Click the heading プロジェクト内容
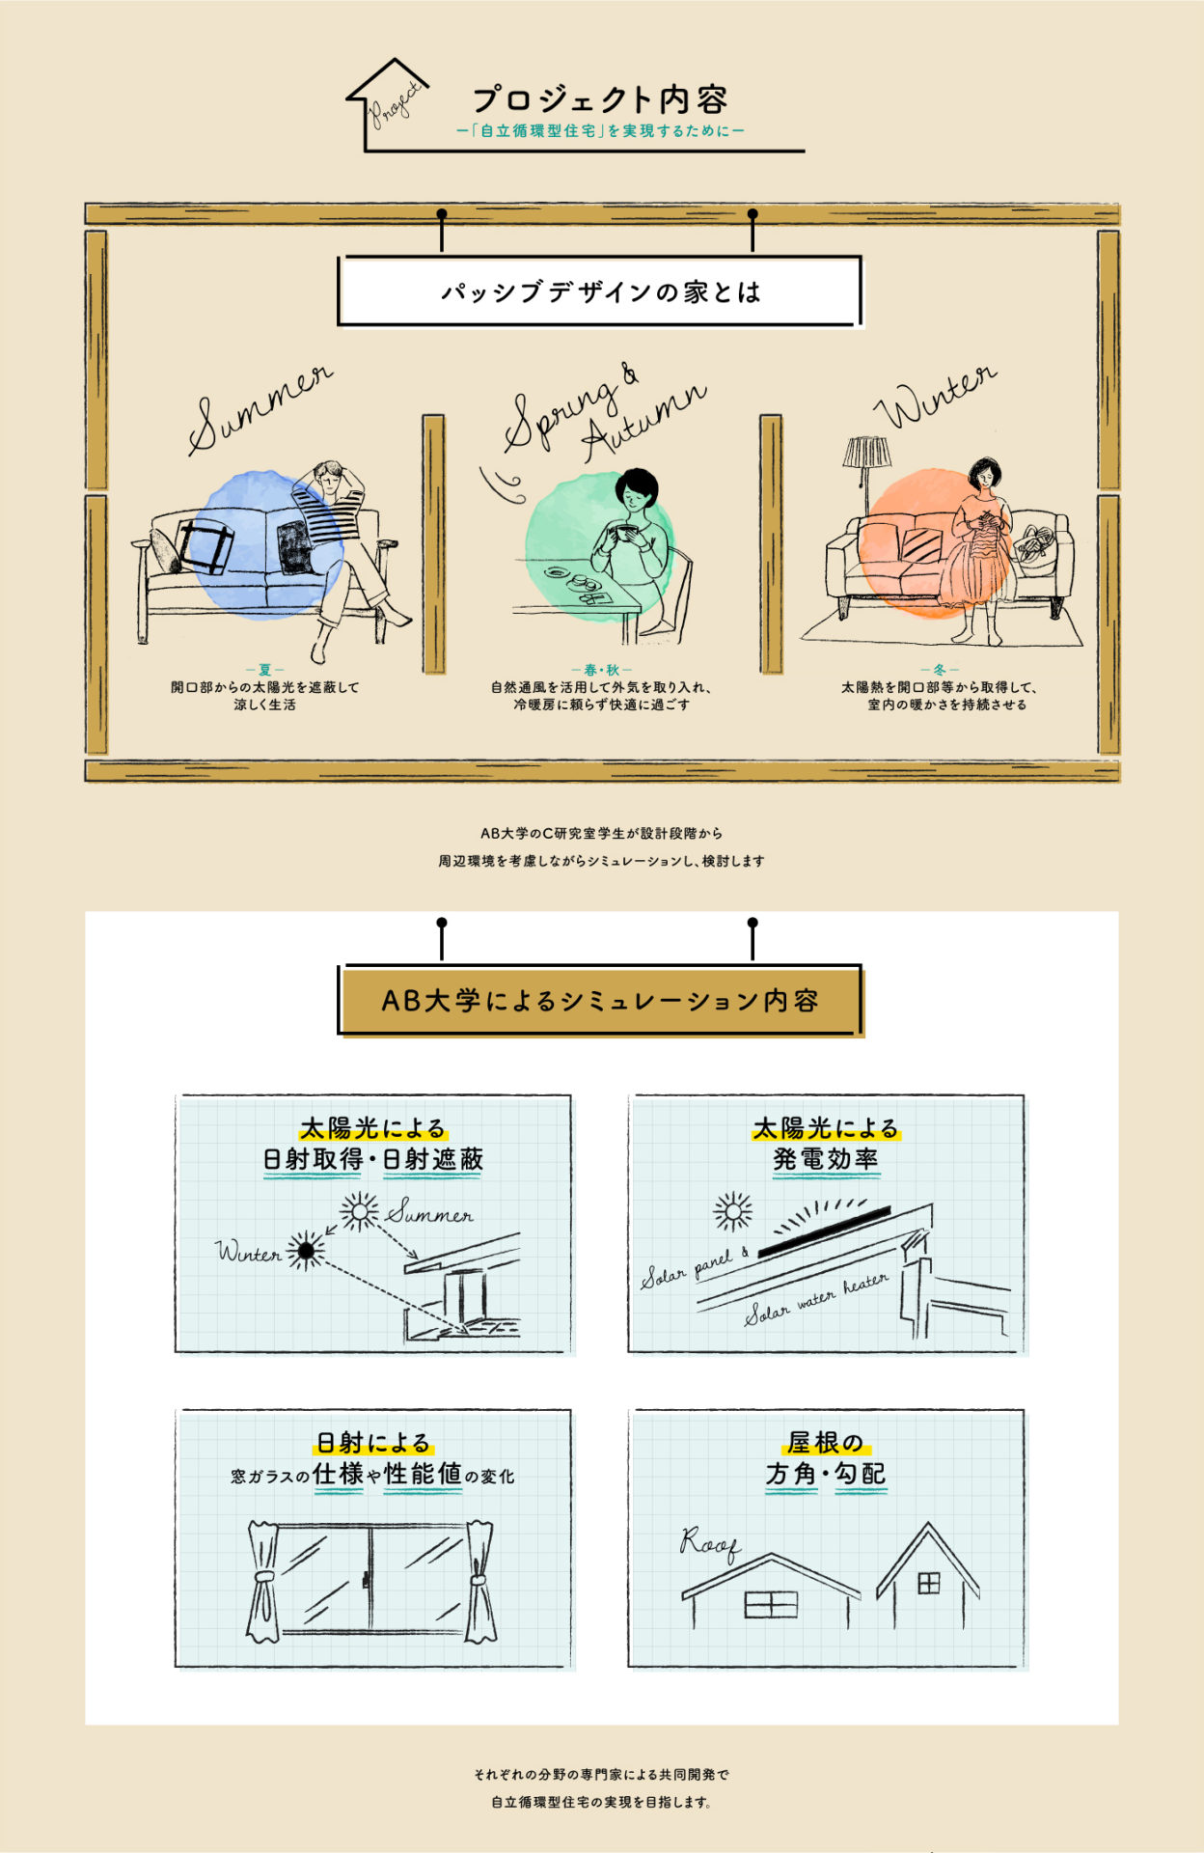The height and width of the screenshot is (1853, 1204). tap(599, 99)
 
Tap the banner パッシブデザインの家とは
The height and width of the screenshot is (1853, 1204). tap(599, 291)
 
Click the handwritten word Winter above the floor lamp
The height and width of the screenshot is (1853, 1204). tap(934, 397)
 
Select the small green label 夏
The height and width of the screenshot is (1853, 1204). tap(264, 669)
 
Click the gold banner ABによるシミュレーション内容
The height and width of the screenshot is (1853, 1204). tap(599, 1001)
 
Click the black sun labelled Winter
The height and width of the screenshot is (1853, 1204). tap(307, 1251)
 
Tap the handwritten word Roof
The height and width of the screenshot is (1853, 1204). tap(709, 1543)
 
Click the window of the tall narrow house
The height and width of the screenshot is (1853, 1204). tap(928, 1584)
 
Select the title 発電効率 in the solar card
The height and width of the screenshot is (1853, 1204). tap(826, 1159)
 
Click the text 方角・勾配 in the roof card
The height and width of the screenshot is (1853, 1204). tap(826, 1474)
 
